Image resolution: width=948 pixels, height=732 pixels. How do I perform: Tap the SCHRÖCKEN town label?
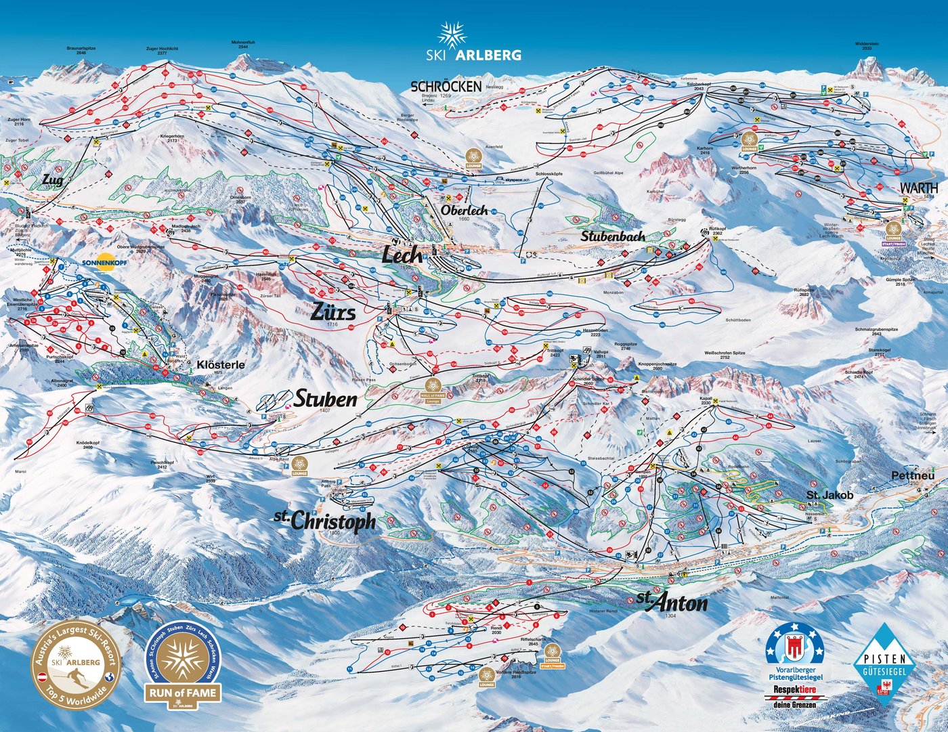[x=446, y=86]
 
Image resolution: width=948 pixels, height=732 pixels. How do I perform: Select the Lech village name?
[x=402, y=255]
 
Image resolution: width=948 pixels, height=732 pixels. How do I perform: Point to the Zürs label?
[x=332, y=311]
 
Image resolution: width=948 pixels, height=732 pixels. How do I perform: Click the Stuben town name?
[x=325, y=399]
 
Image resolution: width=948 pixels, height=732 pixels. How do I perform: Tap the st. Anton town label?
[x=672, y=602]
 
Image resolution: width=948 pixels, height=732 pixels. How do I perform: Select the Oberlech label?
[x=464, y=211]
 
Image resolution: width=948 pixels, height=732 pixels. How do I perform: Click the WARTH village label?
[x=918, y=188]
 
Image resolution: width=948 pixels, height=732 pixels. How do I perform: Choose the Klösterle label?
[x=220, y=365]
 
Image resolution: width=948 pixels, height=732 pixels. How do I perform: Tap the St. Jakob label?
[x=829, y=496]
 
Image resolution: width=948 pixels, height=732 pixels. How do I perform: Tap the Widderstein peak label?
[x=866, y=45]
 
